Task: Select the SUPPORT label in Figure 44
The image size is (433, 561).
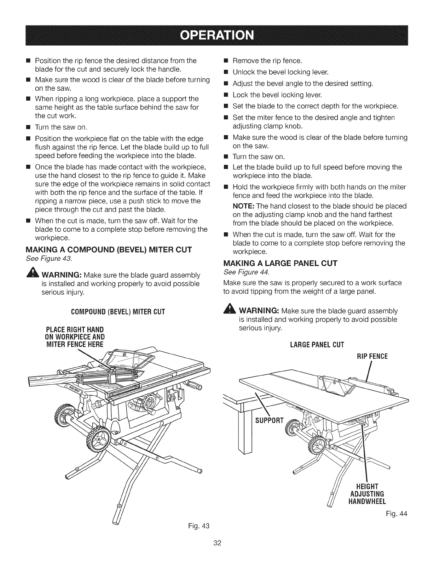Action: pos(269,420)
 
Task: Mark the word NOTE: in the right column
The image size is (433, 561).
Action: pos(243,206)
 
